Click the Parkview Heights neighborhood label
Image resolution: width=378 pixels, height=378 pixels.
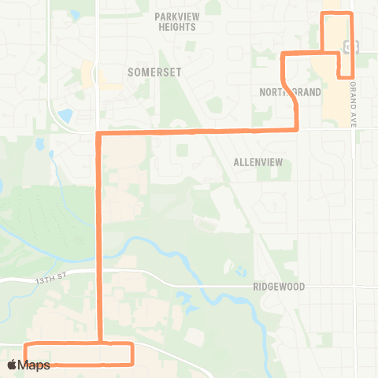pyautogui.click(x=175, y=21)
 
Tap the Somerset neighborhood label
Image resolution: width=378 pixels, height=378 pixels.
pyautogui.click(x=154, y=72)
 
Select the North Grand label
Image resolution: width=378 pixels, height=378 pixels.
pyautogui.click(x=291, y=92)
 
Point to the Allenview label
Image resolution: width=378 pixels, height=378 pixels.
pyautogui.click(x=258, y=162)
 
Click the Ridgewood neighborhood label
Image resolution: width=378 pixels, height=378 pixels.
pyautogui.click(x=279, y=287)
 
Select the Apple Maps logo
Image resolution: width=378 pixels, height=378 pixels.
pyautogui.click(x=28, y=365)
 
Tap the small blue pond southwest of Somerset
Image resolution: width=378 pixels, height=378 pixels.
pyautogui.click(x=65, y=116)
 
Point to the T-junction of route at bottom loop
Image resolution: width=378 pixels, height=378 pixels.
pyautogui.click(x=100, y=344)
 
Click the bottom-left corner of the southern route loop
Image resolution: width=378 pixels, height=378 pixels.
pyautogui.click(x=26, y=364)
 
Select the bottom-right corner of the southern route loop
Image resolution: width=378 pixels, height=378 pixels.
pyautogui.click(x=132, y=364)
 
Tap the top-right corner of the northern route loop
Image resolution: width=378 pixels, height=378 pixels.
pyautogui.click(x=351, y=14)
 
